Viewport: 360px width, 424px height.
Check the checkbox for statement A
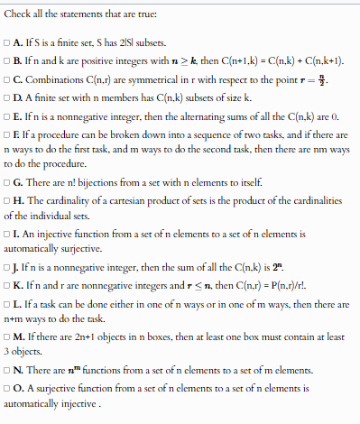(x=7, y=41)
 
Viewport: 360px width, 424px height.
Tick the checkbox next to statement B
(x=7, y=60)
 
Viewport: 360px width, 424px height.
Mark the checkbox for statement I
(x=7, y=235)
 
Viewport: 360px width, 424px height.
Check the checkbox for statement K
(x=7, y=287)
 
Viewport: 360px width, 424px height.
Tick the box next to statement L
(x=7, y=306)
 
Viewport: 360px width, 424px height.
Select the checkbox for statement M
(x=7, y=338)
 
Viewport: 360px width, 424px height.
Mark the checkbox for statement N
(x=7, y=371)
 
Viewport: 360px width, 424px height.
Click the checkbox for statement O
(x=7, y=390)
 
